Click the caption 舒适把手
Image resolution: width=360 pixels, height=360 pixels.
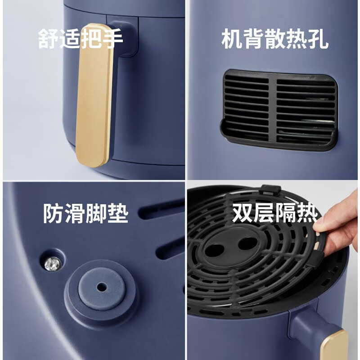coord(81,39)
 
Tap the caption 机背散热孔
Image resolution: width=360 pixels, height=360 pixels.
coord(275,39)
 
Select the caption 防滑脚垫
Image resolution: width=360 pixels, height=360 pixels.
coord(85,213)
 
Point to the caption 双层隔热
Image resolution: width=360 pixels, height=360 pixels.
coord(274,213)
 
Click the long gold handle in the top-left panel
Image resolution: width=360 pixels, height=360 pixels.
coord(94,95)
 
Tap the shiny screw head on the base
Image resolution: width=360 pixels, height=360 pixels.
coord(53,264)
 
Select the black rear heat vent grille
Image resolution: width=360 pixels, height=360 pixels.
coord(279,110)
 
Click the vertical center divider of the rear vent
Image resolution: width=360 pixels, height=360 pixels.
coord(273,110)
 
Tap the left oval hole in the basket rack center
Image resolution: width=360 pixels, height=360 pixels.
coord(214,250)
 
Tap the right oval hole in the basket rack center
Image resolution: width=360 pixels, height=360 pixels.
coord(248,243)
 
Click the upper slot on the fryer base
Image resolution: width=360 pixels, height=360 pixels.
coord(161,210)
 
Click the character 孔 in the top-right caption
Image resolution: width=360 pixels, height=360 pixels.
coord(318,39)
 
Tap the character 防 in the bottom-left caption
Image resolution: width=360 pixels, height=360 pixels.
coord(53,213)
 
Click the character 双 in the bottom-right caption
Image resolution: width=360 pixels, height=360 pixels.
coord(243,213)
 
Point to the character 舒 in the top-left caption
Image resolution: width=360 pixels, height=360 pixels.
coord(48,39)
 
